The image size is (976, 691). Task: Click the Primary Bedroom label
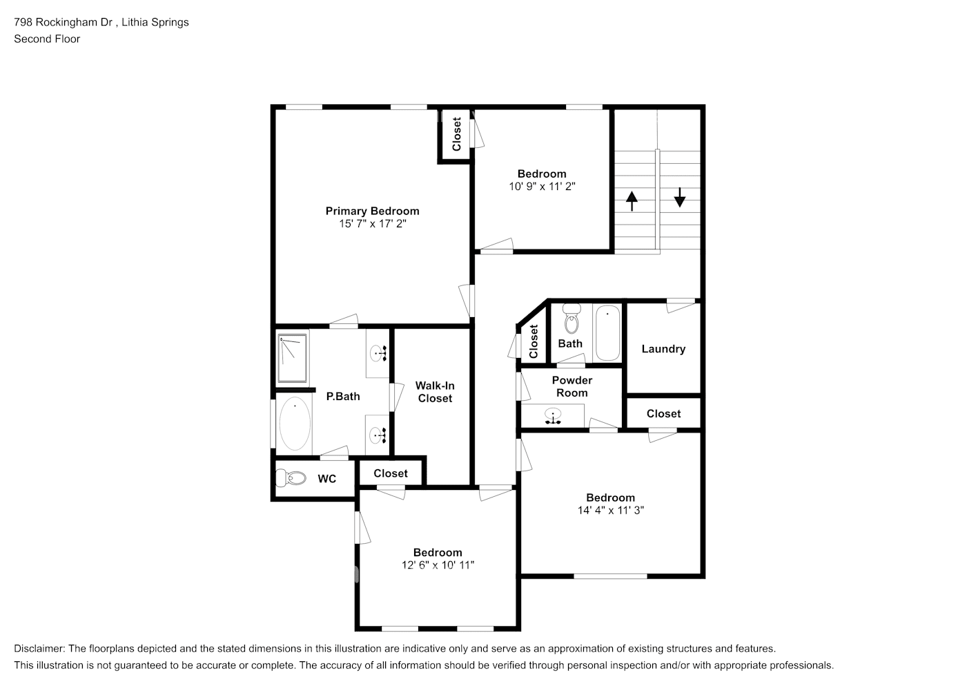coord(372,211)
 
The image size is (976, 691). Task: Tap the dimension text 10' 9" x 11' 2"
coord(542,186)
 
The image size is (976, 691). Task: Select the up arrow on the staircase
coord(632,201)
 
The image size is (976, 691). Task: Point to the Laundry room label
coord(663,349)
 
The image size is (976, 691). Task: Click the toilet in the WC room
coord(291,477)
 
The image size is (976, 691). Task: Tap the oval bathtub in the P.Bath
coord(295,424)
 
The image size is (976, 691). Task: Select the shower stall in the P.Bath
coord(293,358)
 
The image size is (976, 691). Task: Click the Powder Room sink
coord(553,417)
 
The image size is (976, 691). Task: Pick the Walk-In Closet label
coord(435,392)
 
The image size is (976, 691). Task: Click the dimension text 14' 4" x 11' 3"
coord(611,510)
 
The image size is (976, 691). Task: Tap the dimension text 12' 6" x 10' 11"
coord(438,565)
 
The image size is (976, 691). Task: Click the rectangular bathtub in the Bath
coord(607,332)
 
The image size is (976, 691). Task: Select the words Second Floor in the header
coord(47,39)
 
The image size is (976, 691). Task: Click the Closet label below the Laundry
coord(663,413)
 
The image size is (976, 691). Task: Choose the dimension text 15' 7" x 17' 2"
coord(372,224)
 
